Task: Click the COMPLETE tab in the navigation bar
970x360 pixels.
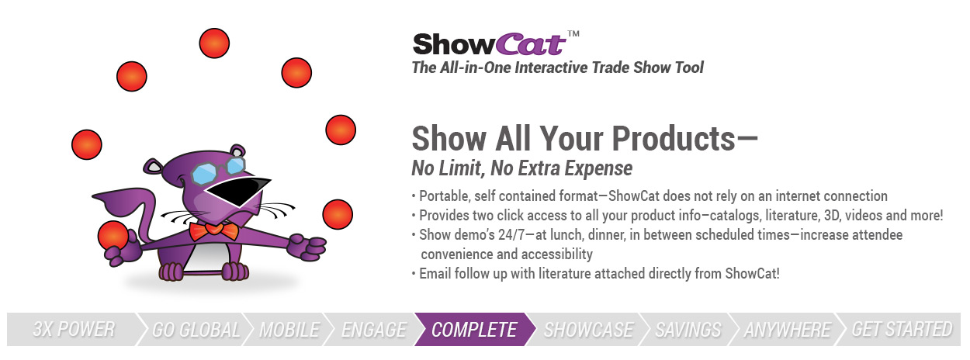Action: point(473,330)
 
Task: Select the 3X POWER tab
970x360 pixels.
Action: point(74,330)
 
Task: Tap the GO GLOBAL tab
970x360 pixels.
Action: point(196,330)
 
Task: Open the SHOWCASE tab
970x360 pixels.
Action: point(588,330)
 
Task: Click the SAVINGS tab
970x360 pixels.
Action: point(688,330)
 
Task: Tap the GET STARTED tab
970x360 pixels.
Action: point(902,330)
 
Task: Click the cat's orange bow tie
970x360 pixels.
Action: point(213,231)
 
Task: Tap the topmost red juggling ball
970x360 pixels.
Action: point(214,43)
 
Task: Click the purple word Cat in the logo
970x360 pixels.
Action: point(531,44)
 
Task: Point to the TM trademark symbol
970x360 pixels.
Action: point(573,33)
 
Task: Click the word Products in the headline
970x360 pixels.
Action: point(674,140)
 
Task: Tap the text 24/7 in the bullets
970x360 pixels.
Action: point(510,235)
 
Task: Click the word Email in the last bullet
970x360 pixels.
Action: point(435,274)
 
